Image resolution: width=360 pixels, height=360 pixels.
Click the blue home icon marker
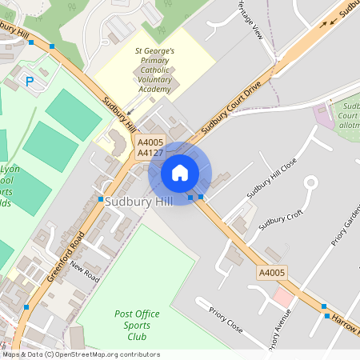tap(180, 173)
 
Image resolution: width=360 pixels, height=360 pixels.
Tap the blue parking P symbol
tap(30, 81)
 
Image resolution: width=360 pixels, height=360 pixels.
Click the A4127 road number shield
tap(150, 152)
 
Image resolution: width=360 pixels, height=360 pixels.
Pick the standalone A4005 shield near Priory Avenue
tap(271, 274)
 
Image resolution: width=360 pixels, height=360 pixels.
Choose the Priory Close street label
tap(226, 318)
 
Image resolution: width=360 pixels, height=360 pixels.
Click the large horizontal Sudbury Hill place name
tap(138, 202)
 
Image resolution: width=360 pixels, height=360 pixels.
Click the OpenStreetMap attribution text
tap(80, 354)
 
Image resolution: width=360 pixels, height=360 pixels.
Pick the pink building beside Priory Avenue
tap(282, 297)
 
